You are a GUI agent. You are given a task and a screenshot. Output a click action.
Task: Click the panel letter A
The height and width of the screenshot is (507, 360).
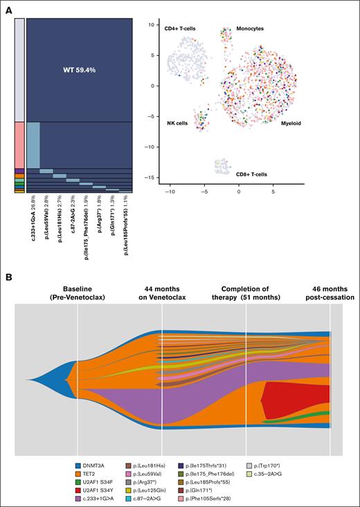9,9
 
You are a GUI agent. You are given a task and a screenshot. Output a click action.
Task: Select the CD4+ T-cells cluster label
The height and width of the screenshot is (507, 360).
183,28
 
